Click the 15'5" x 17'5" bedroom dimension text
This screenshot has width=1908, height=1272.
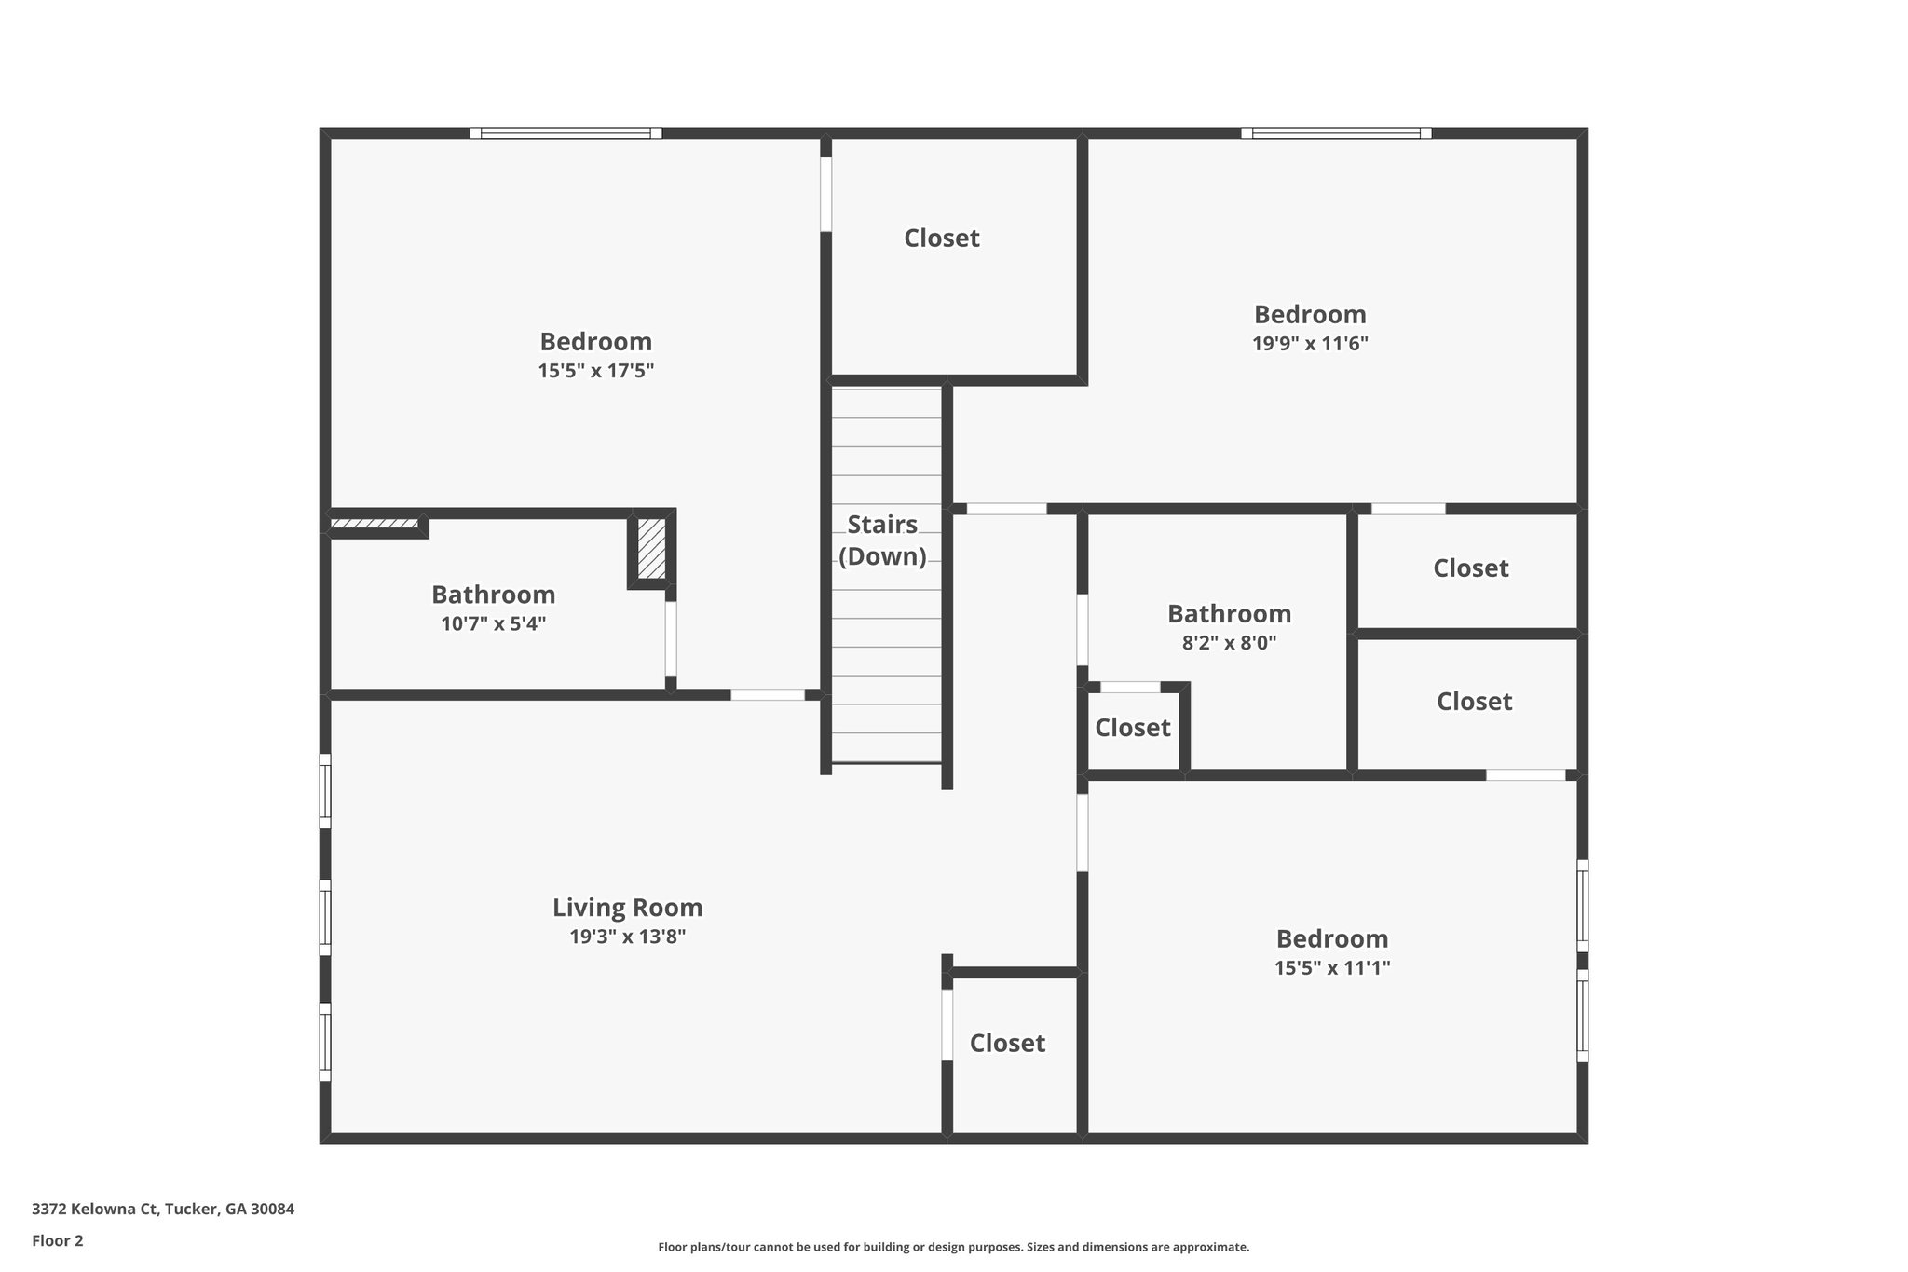(595, 371)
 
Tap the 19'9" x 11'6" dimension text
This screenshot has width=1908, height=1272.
(1309, 344)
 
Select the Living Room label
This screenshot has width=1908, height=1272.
(627, 908)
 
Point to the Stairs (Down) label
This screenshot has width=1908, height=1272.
(882, 540)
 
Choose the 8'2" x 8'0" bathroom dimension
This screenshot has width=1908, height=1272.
(1229, 643)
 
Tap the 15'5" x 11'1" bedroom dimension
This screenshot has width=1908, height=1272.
(1331, 968)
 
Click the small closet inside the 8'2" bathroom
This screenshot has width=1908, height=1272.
(1132, 728)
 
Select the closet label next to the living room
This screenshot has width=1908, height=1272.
(1007, 1044)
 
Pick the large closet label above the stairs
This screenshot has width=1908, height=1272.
(941, 239)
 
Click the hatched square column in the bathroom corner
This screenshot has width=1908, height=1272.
(651, 549)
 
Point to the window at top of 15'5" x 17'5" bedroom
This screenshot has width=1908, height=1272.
(566, 133)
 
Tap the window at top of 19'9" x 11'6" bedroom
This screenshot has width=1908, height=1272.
(1336, 133)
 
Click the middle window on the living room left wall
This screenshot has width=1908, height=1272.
(325, 917)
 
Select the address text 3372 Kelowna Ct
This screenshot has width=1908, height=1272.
(163, 1210)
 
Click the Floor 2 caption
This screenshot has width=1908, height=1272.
(58, 1240)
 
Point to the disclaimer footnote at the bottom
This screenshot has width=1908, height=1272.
(953, 1247)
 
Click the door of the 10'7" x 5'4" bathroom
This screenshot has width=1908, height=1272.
(671, 639)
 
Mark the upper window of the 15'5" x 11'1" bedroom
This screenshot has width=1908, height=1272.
(1582, 906)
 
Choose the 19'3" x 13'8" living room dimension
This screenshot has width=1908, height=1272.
(627, 937)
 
